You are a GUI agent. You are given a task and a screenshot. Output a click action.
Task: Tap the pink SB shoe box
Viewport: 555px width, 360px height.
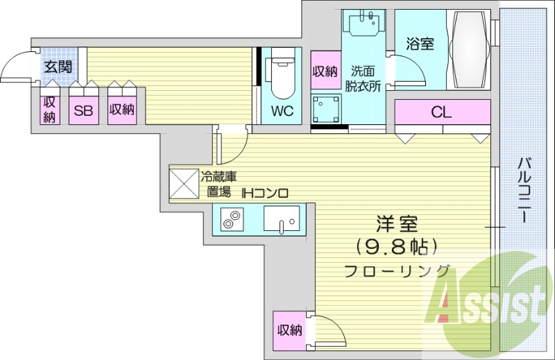click(84, 110)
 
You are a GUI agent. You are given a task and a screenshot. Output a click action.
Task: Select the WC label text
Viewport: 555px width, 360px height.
click(282, 111)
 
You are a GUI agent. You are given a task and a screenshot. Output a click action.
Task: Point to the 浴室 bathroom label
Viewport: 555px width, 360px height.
click(420, 44)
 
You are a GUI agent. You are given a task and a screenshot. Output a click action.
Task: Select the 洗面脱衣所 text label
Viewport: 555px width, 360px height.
click(365, 78)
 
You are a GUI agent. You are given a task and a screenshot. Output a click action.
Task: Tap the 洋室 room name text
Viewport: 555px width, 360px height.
click(397, 224)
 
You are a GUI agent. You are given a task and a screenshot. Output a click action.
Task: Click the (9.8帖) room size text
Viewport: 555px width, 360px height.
click(397, 246)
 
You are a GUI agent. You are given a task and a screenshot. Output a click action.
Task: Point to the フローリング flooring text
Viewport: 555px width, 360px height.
click(397, 271)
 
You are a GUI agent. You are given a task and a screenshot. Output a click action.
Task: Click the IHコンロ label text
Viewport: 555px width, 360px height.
click(264, 194)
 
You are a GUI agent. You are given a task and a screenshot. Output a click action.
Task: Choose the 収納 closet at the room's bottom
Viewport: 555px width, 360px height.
click(290, 330)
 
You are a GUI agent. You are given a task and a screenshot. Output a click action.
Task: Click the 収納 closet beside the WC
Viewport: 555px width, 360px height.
click(325, 70)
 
